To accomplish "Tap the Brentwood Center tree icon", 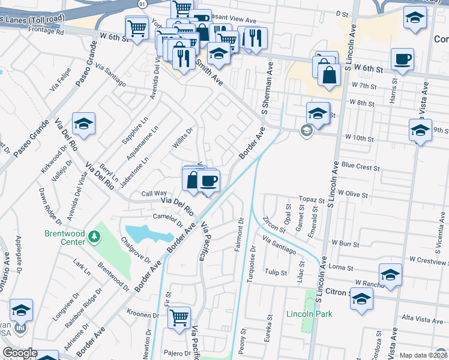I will pos(94,237).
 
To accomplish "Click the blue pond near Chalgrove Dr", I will pos(143,233).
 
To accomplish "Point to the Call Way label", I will pos(154,193).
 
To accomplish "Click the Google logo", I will pos(20,353).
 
